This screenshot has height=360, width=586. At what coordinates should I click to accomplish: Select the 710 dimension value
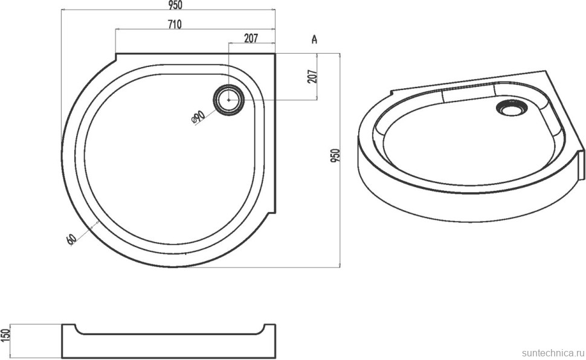click(x=175, y=25)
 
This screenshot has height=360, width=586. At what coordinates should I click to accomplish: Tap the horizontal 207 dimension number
click(x=251, y=38)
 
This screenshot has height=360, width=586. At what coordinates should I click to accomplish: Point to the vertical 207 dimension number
click(x=313, y=76)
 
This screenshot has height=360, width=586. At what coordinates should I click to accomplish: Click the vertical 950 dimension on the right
click(x=335, y=155)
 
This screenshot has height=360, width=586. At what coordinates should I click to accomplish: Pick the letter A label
click(x=314, y=39)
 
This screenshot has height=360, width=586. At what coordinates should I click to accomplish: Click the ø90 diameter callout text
click(x=198, y=117)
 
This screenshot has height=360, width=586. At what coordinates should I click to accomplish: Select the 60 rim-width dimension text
click(x=71, y=239)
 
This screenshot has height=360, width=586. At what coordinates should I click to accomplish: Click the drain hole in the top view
click(x=229, y=100)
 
